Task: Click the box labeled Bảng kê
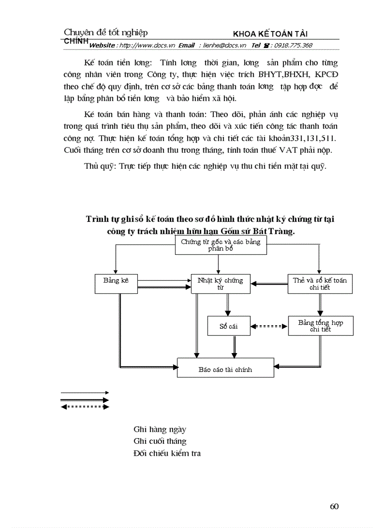[x=116, y=284]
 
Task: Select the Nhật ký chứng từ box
[x=220, y=284]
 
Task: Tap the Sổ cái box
[x=229, y=326]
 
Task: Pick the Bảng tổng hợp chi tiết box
[x=320, y=326]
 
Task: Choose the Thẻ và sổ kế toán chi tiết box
[x=320, y=284]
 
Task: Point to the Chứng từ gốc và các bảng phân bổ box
[x=217, y=245]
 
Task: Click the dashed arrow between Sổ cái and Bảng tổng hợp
[x=269, y=326]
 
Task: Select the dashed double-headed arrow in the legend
[x=85, y=407]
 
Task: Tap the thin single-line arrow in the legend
[x=85, y=392]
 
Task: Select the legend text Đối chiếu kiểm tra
[x=167, y=453]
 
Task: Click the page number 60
[x=334, y=506]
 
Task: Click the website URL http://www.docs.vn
[x=147, y=46]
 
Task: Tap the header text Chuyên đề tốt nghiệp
[x=105, y=32]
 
